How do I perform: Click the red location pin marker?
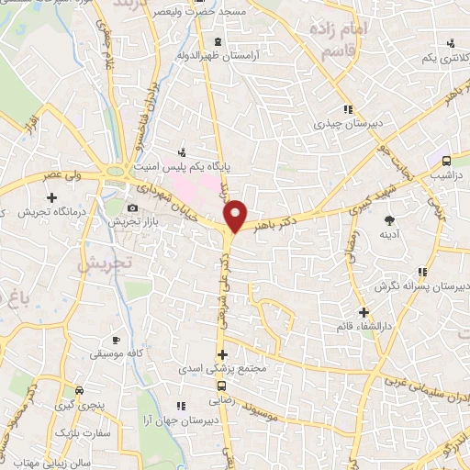[x=236, y=215]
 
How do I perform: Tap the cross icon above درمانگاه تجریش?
[x=52, y=197]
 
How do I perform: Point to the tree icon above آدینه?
[x=389, y=219]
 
